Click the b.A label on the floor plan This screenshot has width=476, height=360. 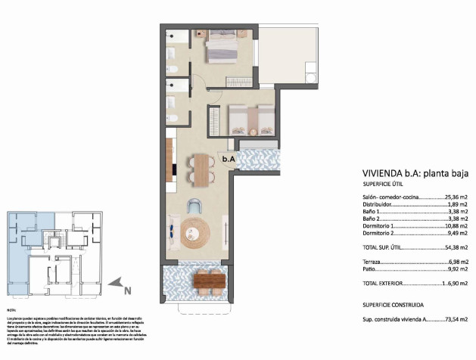[x=228, y=160]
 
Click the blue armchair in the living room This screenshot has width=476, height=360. [x=194, y=204]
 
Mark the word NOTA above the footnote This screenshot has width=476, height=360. [x=11, y=310]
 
